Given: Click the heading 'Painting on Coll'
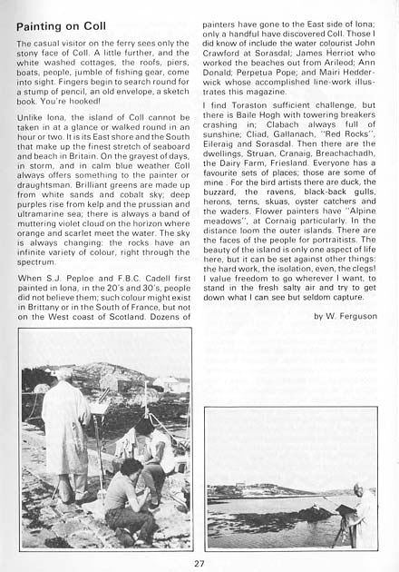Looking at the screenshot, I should tap(62, 26).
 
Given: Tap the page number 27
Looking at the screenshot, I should tap(199, 562).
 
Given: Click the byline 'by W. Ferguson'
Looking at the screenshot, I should tap(345, 315).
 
